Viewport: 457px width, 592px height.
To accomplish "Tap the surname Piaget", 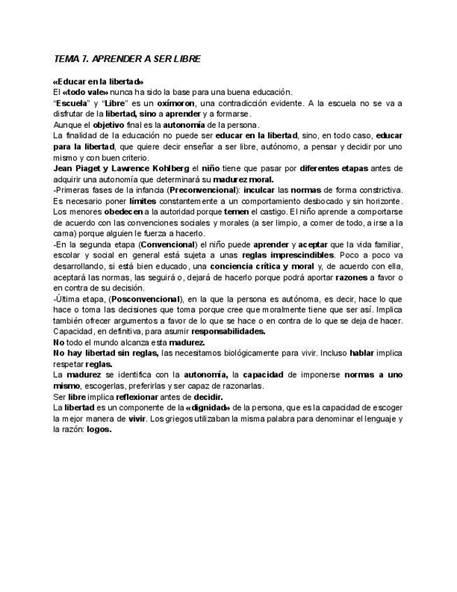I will click(x=91, y=168).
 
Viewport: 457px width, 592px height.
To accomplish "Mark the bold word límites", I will click(x=144, y=201).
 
